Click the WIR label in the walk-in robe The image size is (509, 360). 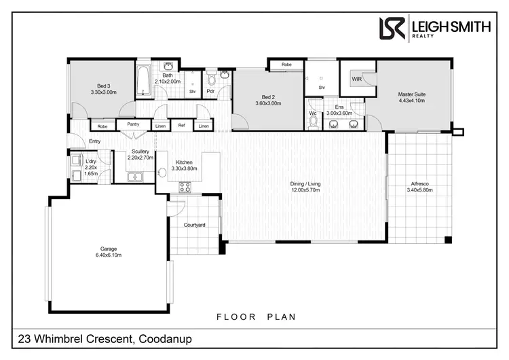tap(356, 79)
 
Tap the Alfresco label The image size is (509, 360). tap(419, 184)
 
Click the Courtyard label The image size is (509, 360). tap(195, 224)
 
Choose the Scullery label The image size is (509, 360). tap(141, 151)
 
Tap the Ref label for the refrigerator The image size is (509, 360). tap(181, 126)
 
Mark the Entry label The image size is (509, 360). tap(94, 141)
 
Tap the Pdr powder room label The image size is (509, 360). tap(211, 90)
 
